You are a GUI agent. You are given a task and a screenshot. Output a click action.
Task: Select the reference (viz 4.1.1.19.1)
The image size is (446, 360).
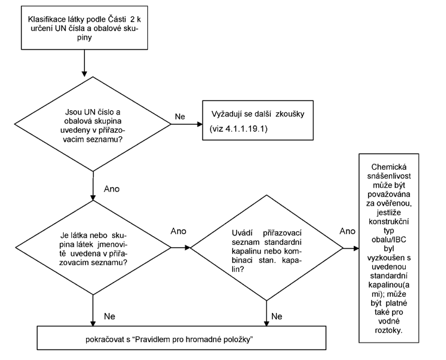click(x=238, y=129)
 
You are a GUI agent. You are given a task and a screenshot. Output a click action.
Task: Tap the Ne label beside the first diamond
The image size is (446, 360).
click(x=180, y=116)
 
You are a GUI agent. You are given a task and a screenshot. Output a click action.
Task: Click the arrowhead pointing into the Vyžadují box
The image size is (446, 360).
click(x=200, y=124)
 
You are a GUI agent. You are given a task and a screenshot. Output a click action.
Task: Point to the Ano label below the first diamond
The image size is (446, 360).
click(x=111, y=189)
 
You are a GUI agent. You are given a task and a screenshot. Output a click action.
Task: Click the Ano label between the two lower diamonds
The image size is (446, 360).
click(x=178, y=231)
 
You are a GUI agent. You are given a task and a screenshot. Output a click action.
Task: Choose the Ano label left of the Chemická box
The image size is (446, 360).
click(x=348, y=231)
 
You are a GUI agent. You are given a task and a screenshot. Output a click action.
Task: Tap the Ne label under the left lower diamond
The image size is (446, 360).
click(x=110, y=316)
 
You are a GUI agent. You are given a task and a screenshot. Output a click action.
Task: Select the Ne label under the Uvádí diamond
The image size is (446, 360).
click(x=277, y=316)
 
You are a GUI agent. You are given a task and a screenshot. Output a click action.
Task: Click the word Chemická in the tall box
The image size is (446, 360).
click(x=389, y=167)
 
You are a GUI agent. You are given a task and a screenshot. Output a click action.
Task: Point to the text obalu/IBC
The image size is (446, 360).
click(x=389, y=240)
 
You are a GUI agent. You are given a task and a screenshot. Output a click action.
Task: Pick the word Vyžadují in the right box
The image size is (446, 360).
click(x=227, y=114)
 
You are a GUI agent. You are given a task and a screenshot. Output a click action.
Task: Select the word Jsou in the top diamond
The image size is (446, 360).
click(x=74, y=112)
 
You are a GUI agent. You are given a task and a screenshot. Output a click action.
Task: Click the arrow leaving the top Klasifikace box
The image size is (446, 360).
click(x=84, y=63)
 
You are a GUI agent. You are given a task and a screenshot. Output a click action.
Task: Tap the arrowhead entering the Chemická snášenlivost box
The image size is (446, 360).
click(x=356, y=248)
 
